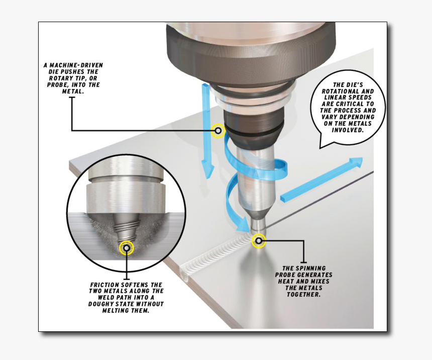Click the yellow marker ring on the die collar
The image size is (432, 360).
218,131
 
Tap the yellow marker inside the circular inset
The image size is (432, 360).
126,248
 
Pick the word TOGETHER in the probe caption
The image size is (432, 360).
304,295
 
